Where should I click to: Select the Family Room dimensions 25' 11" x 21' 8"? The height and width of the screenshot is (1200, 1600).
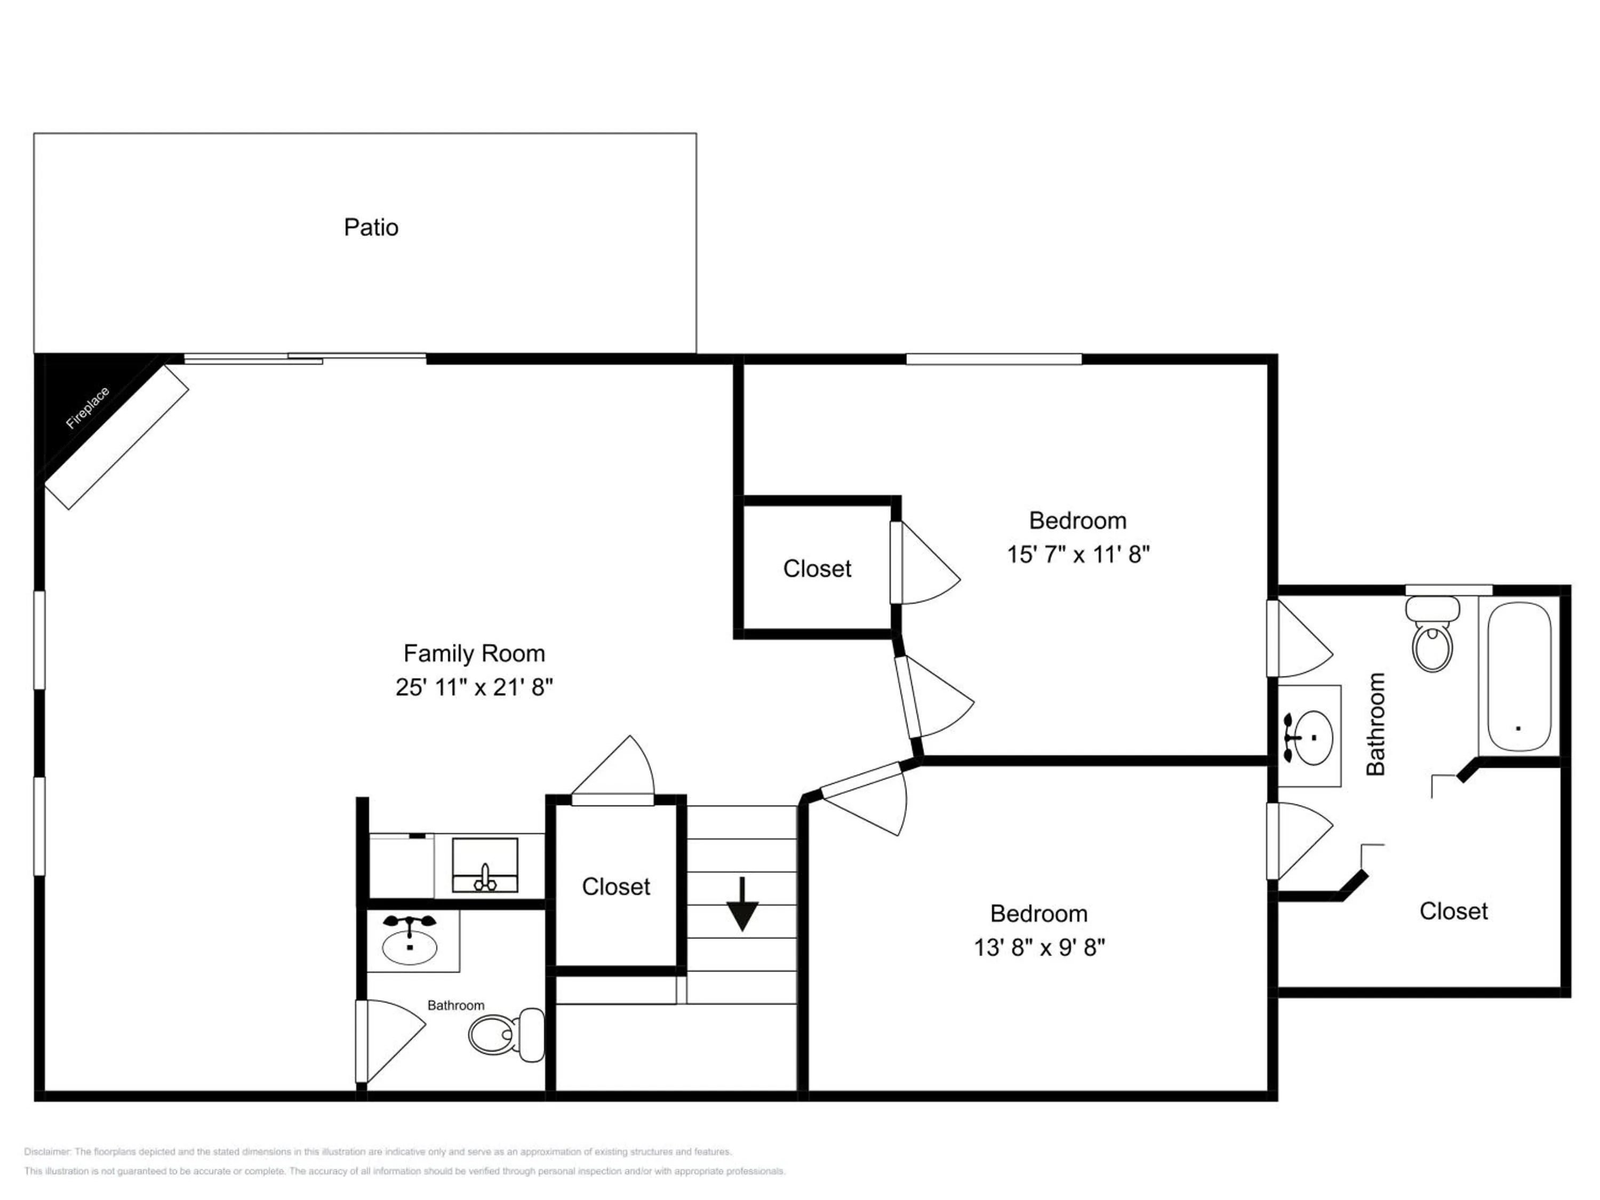point(474,686)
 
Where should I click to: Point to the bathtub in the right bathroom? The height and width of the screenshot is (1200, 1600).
point(1519,677)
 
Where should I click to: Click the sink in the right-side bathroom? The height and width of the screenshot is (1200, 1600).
point(1311,738)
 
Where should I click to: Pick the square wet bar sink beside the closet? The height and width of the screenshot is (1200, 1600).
point(485,865)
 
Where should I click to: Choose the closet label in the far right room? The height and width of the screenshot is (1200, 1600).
point(1453,911)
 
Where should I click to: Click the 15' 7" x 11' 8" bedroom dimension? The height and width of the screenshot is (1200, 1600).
point(1078,554)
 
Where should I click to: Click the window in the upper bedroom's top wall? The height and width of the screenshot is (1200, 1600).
point(993,359)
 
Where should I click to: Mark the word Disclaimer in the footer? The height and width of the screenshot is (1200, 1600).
point(47,1151)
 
